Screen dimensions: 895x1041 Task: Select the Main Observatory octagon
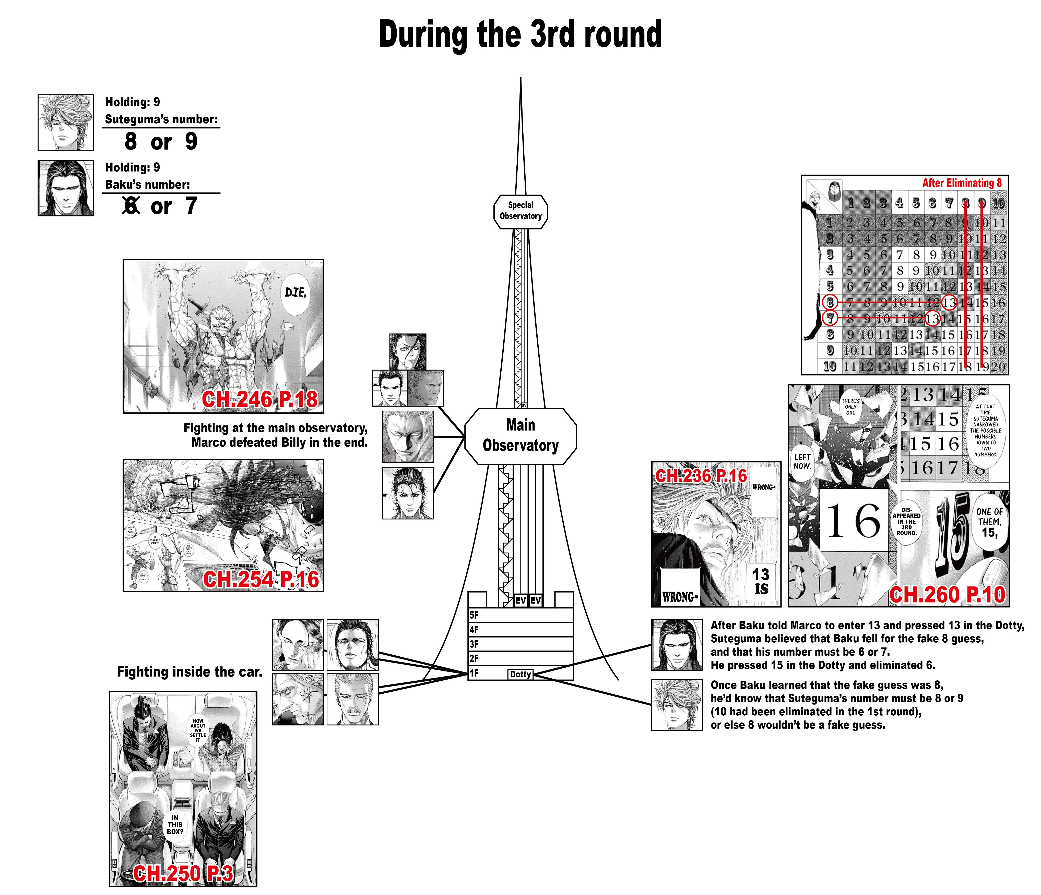pyautogui.click(x=520, y=436)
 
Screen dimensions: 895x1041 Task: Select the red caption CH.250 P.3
pyautogui.click(x=183, y=873)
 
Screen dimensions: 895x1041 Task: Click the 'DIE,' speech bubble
pyautogui.click(x=295, y=293)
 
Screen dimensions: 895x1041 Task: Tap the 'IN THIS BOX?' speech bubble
pyautogui.click(x=175, y=825)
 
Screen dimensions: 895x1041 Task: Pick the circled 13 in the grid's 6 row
pyautogui.click(x=949, y=303)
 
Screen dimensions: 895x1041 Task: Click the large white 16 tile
pyautogui.click(x=853, y=521)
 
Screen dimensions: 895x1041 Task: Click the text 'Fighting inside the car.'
pyautogui.click(x=190, y=672)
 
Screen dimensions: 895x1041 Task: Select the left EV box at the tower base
pyautogui.click(x=520, y=600)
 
